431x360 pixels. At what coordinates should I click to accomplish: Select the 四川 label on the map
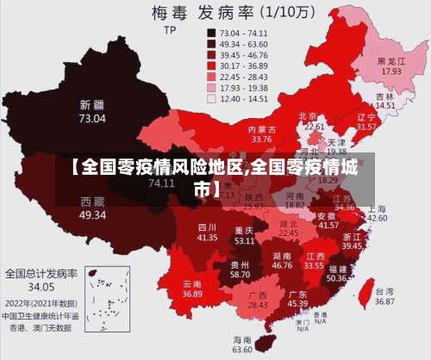coord(208,226)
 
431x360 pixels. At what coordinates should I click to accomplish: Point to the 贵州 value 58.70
coord(240,274)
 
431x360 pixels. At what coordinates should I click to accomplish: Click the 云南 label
coord(192,283)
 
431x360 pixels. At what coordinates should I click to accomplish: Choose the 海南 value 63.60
coord(243,350)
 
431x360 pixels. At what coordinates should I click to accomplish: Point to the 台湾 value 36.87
coord(384,301)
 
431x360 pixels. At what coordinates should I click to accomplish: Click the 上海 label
coord(377,208)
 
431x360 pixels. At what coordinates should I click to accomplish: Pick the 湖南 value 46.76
coord(282,266)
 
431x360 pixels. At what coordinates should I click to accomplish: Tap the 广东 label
coord(297,294)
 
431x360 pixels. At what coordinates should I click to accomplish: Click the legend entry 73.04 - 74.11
coord(245,32)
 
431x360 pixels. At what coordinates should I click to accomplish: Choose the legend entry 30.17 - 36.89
coord(245,65)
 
